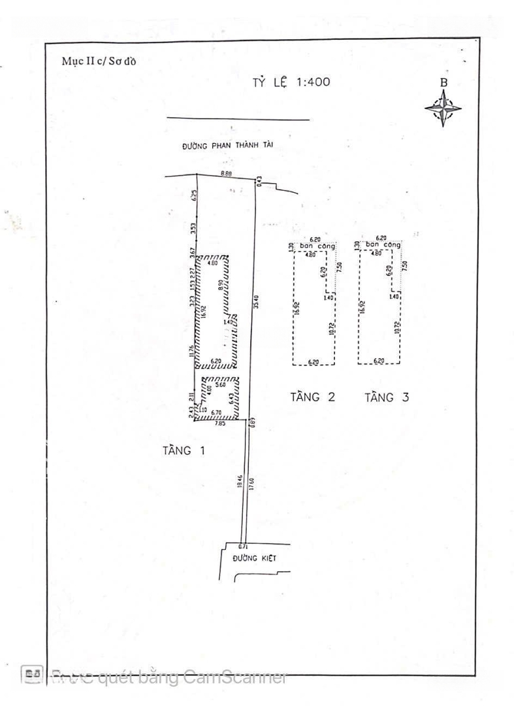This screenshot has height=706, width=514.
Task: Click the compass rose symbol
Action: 443,109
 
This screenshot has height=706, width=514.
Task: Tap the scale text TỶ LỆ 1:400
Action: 291,82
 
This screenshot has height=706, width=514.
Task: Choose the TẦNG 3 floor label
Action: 387,397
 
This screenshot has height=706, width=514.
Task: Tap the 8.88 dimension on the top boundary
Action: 227,173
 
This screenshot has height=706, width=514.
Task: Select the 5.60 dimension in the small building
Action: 218,385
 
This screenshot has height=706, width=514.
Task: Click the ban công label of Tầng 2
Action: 317,246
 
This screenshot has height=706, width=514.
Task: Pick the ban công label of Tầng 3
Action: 382,246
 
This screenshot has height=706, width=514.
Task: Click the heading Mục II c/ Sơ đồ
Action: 100,62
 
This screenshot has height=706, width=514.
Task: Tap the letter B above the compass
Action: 443,83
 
